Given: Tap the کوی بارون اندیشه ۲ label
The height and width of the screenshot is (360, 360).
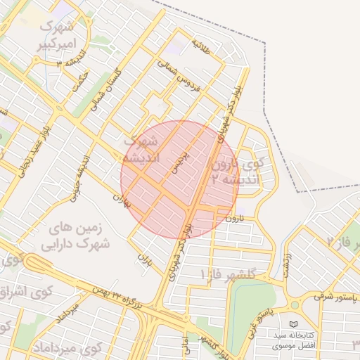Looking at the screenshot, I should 239,172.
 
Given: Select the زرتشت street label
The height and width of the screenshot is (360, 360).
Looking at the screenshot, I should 286,264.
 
